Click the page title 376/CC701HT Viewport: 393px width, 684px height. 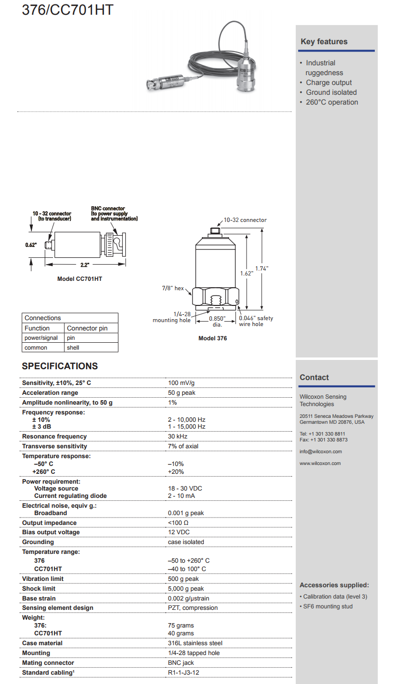[x=67, y=9]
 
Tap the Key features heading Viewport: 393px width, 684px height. [x=324, y=42]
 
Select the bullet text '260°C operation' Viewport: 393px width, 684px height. [x=332, y=102]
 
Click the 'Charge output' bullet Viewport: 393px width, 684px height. [x=329, y=82]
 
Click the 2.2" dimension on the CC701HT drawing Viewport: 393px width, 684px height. [x=84, y=265]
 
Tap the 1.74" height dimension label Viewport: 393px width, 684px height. [x=262, y=268]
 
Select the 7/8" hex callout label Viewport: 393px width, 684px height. [x=173, y=288]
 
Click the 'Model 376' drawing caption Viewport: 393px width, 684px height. [x=213, y=338]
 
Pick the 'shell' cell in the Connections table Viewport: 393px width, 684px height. [x=73, y=348]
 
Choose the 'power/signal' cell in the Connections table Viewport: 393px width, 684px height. [x=41, y=338]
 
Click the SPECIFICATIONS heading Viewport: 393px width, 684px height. [x=60, y=366]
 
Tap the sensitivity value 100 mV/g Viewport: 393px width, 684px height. [x=185, y=383]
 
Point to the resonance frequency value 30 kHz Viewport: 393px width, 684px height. [x=179, y=437]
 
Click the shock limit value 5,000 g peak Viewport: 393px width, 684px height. [x=186, y=589]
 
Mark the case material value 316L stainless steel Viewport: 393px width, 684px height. [x=195, y=643]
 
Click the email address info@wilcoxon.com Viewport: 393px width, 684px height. [x=320, y=452]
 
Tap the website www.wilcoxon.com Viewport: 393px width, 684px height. [x=320, y=464]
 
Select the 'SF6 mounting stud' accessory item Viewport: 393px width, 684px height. [x=328, y=606]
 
